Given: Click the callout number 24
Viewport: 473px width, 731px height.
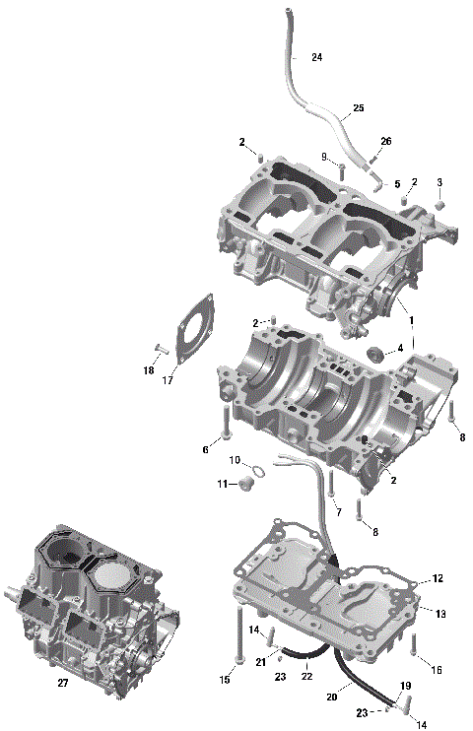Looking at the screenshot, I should tap(316, 58).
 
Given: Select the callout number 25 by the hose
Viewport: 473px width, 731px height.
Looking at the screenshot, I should tap(358, 107).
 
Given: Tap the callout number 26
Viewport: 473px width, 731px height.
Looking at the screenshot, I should tap(385, 142).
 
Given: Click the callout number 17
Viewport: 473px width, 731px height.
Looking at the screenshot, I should tap(169, 381).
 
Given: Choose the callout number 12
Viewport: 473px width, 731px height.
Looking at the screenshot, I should tap(439, 579).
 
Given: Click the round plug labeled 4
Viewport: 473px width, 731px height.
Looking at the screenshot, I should tap(375, 354).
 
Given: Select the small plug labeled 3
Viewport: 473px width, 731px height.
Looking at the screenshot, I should tap(440, 205).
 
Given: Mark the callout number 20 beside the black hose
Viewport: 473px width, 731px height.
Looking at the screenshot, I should tap(331, 697).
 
